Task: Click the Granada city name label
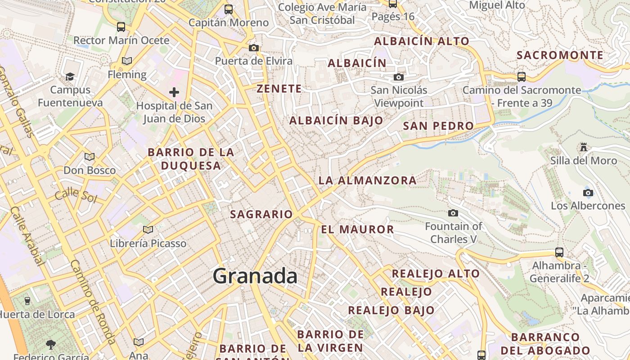click(x=255, y=275)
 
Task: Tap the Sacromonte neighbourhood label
click(x=560, y=55)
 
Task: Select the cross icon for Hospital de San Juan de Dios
click(x=174, y=93)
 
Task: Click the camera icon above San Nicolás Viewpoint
click(x=399, y=77)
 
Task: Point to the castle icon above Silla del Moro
click(x=584, y=147)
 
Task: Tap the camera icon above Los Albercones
click(x=588, y=193)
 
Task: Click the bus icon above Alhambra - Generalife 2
click(x=559, y=252)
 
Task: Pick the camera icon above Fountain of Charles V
click(x=453, y=213)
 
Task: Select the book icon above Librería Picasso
click(x=148, y=230)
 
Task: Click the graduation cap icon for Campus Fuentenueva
click(x=70, y=76)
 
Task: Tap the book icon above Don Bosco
click(x=90, y=157)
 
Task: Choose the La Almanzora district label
click(x=367, y=180)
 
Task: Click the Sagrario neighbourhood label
click(x=261, y=215)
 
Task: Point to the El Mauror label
click(x=357, y=229)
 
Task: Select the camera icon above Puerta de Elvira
click(x=254, y=48)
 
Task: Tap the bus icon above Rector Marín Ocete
click(x=121, y=27)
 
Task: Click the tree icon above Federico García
click(x=51, y=345)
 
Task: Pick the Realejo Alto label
click(x=436, y=274)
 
